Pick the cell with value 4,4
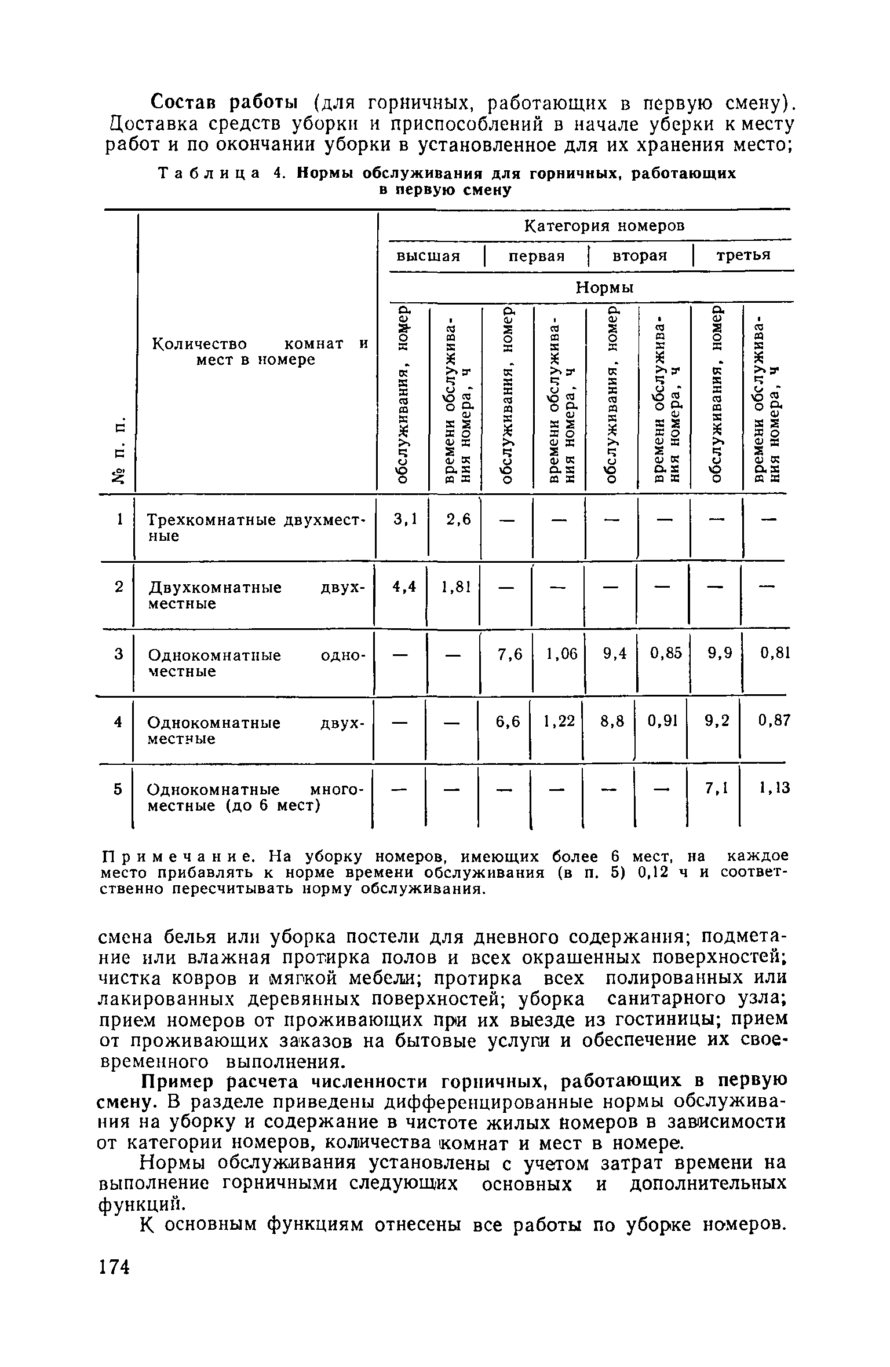coord(404,587)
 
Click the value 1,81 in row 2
coord(455,587)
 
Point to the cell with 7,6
coord(510,654)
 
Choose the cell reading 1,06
coord(561,654)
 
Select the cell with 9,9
coord(720,654)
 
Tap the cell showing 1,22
coord(559,721)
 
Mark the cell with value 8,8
coord(612,721)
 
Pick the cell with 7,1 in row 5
coord(716,789)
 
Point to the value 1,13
coord(774,789)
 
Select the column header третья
coord(743,255)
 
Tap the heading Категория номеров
coord(604,226)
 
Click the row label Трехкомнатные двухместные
coord(255,527)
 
